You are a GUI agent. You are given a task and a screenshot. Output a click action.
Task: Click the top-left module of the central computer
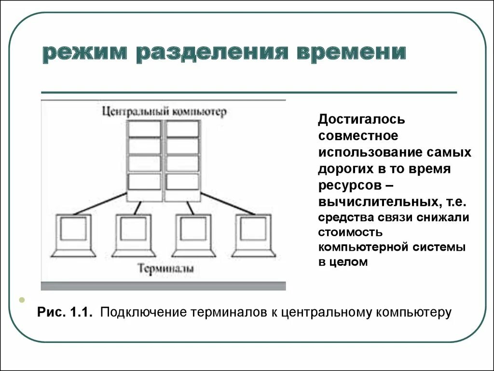pos(144,129)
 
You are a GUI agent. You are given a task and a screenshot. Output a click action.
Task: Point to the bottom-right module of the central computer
pos(183,182)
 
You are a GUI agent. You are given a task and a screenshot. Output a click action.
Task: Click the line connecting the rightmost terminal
pos(227,204)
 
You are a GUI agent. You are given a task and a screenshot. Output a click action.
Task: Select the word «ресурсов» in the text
pos(348,185)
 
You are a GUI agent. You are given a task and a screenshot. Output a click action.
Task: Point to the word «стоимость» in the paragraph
pos(350,232)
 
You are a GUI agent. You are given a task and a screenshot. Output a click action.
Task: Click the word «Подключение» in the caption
pos(143,313)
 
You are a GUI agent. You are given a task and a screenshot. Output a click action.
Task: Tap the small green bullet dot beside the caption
pos(22,300)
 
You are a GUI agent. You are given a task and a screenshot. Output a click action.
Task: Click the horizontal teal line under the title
pos(249,92)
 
